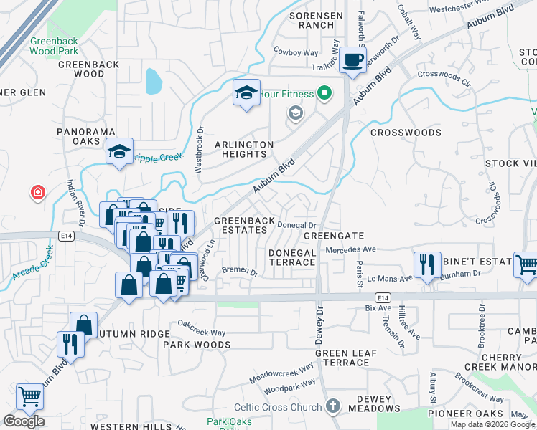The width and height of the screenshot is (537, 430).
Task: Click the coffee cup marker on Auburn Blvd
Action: pos(352,59)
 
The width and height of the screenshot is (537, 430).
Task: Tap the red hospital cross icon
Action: pos(37,192)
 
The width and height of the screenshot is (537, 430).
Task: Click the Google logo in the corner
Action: pos(24,421)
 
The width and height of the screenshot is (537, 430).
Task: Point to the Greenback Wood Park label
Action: pos(53,47)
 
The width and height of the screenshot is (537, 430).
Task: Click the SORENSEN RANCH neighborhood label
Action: pos(312,20)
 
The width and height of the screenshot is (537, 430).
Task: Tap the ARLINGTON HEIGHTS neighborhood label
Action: pos(244,149)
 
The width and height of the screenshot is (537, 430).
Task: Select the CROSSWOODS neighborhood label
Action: pos(406,133)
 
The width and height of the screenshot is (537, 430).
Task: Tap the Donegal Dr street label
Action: pos(297,226)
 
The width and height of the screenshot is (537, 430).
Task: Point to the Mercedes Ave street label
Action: pos(350,249)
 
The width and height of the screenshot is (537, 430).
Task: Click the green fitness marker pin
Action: pos(324,92)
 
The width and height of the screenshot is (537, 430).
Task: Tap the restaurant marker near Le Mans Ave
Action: pos(427,264)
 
